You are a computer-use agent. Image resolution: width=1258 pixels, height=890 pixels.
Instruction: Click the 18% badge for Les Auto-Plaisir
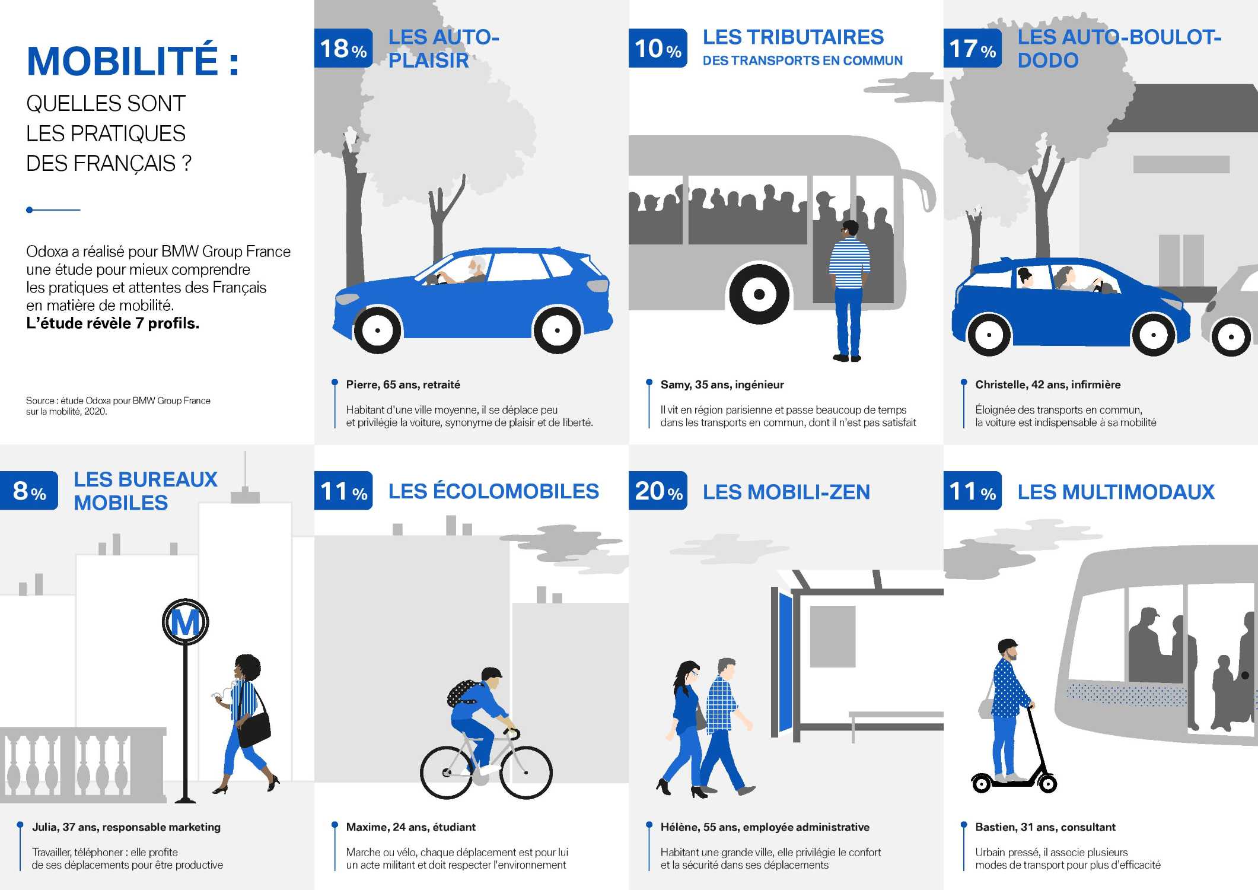click(343, 48)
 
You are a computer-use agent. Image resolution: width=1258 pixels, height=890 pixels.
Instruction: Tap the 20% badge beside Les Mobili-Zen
click(658, 491)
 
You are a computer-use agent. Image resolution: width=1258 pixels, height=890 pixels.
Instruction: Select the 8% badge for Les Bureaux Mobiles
click(29, 491)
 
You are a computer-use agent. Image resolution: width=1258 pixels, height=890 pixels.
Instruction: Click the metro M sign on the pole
click(185, 622)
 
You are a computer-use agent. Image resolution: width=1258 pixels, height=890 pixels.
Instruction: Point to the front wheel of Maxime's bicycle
click(526, 772)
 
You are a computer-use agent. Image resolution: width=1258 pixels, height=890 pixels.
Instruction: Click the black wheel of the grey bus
click(759, 294)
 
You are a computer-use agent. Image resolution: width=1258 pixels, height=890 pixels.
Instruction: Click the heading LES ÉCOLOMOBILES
click(493, 491)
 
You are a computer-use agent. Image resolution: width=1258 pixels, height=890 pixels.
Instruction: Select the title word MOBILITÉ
click(122, 61)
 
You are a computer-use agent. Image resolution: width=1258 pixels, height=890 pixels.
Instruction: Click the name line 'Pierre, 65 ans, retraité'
click(403, 384)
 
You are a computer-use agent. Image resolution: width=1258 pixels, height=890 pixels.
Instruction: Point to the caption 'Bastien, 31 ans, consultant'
click(1045, 827)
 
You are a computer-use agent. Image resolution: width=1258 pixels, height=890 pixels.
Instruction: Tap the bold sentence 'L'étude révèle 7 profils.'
click(113, 323)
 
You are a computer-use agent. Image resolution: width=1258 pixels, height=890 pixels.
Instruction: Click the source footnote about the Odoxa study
click(117, 406)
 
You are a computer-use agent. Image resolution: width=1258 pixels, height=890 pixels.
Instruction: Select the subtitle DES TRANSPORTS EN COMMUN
click(802, 61)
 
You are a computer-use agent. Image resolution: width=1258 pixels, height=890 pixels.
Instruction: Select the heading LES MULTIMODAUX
click(1116, 492)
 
